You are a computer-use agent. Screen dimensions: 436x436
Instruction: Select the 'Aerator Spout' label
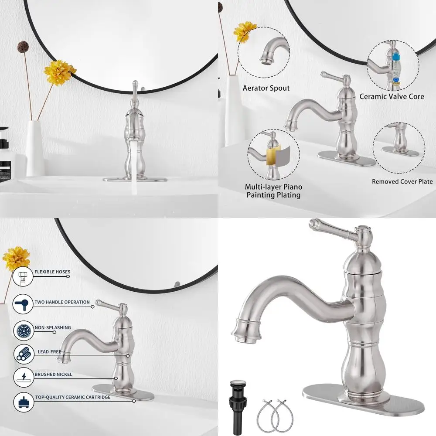point(266,88)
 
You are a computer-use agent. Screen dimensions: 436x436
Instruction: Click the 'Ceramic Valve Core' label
point(392,96)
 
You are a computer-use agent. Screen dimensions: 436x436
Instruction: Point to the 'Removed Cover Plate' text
point(402,181)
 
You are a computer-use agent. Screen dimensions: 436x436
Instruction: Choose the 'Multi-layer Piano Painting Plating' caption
point(273,191)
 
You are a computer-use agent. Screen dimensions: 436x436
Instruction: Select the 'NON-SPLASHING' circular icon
point(23,330)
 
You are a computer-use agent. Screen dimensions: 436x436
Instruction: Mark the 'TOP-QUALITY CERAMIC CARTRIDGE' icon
point(23,402)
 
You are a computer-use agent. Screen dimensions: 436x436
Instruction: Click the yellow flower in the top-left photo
point(60,72)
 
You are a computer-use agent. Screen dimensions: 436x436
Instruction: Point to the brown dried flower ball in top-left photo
point(23,46)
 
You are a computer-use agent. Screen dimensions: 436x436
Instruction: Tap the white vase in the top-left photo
point(35,148)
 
